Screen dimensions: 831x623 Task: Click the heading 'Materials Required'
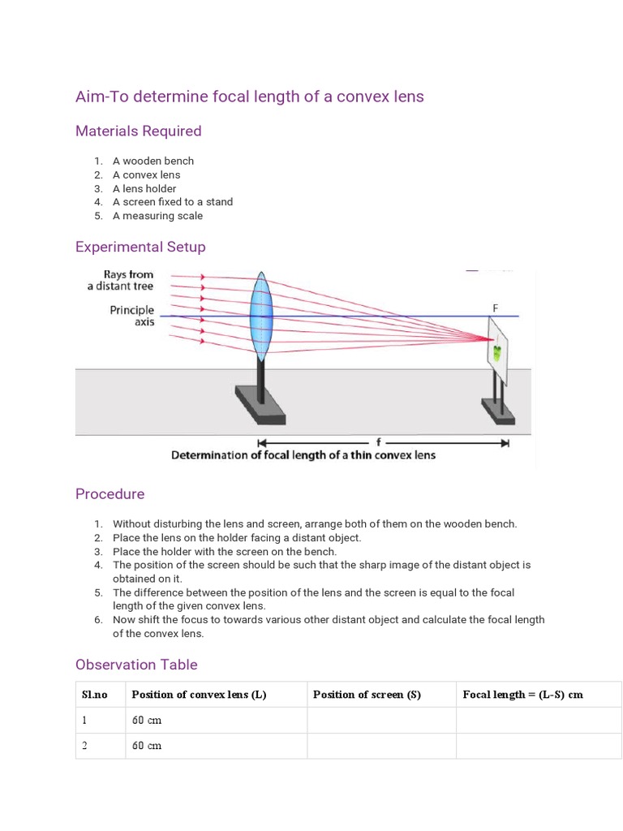pyautogui.click(x=138, y=131)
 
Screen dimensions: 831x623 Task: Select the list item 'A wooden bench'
pyautogui.click(x=153, y=161)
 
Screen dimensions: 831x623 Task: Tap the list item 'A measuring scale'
pyautogui.click(x=157, y=216)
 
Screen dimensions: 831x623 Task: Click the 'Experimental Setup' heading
pyautogui.click(x=140, y=247)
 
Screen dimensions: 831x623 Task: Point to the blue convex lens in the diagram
pyautogui.click(x=260, y=316)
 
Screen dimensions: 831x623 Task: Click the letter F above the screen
pyautogui.click(x=495, y=308)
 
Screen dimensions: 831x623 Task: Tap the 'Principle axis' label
pyautogui.click(x=131, y=316)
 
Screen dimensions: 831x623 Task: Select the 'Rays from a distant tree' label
pyautogui.click(x=121, y=280)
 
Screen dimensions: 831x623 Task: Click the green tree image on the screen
pyautogui.click(x=496, y=353)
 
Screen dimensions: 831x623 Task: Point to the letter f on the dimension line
pyautogui.click(x=379, y=441)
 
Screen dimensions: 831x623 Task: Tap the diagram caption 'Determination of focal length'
pyautogui.click(x=303, y=455)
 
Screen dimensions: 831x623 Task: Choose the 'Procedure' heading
pyautogui.click(x=110, y=494)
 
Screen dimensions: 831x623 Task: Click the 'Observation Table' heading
pyautogui.click(x=136, y=665)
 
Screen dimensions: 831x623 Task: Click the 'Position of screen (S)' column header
pyautogui.click(x=367, y=695)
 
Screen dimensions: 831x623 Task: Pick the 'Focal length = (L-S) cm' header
pyautogui.click(x=522, y=695)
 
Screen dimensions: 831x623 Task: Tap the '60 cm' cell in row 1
pyautogui.click(x=147, y=721)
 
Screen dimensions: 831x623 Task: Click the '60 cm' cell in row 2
pyautogui.click(x=147, y=746)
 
